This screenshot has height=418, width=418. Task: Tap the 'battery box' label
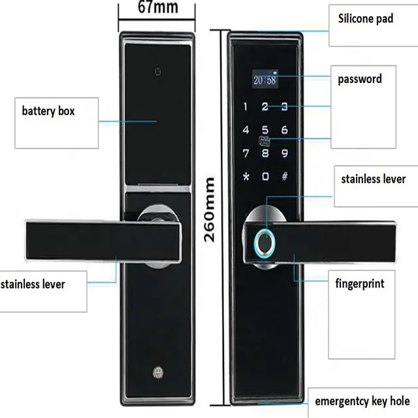pos(48,111)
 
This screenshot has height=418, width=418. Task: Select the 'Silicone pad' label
pos(365,18)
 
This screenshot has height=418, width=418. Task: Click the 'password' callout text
pos(359,79)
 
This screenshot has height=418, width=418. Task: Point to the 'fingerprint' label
pos(359,283)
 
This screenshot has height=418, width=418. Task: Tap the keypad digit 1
pos(246,106)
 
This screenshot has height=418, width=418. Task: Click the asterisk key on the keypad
pos(246,176)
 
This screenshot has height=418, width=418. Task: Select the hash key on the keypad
pos(285,176)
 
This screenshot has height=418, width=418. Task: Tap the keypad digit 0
pos(265,176)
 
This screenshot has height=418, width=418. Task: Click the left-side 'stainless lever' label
pos(42,284)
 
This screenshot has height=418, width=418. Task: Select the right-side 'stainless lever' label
pos(371,178)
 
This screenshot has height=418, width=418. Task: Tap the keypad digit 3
pos(285,106)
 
